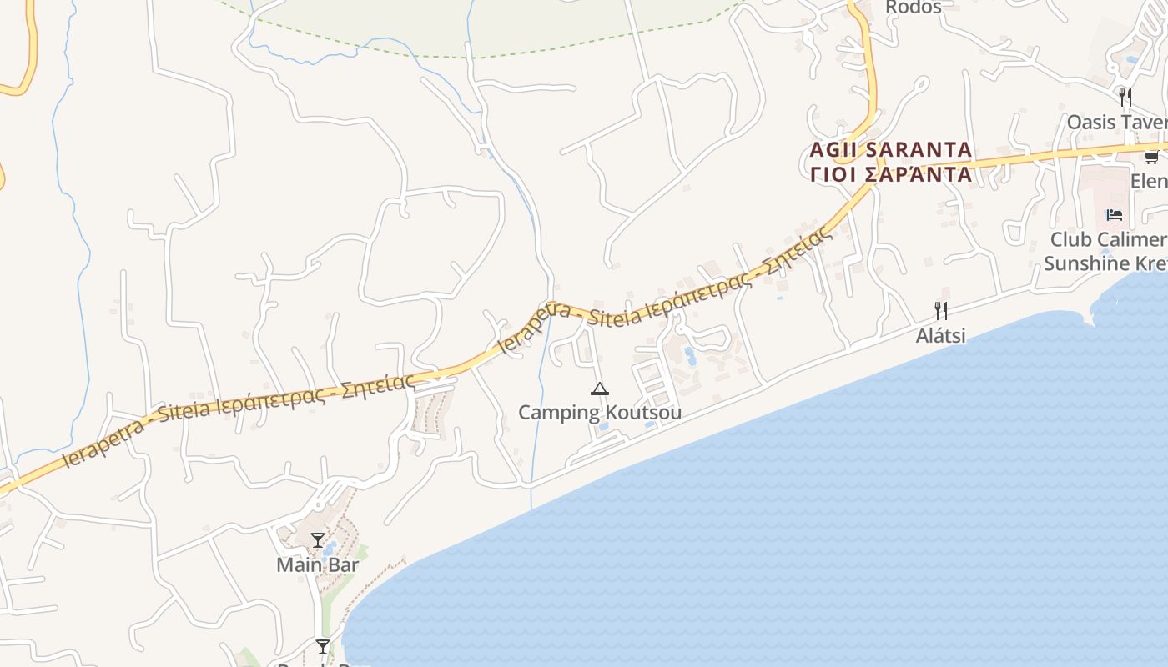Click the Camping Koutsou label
coord(599,413)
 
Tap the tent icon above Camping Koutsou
coord(599,389)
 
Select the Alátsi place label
coord(940,336)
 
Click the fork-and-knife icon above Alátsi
coord(940,311)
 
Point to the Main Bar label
coord(317,565)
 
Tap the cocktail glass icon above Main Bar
coord(317,540)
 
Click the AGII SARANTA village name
coord(890,150)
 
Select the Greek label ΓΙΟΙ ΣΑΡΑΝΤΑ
coord(890,175)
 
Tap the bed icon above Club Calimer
coord(1114,215)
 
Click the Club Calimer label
coord(1108,240)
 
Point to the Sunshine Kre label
coord(1105,264)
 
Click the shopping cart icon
coord(1151,156)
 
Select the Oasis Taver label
coord(1116,123)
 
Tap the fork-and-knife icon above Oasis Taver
coord(1125,97)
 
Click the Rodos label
coord(913,8)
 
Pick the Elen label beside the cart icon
coord(1149,181)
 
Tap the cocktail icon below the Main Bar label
coord(322,646)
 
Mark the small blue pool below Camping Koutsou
coord(602,428)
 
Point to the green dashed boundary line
coord(467,57)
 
